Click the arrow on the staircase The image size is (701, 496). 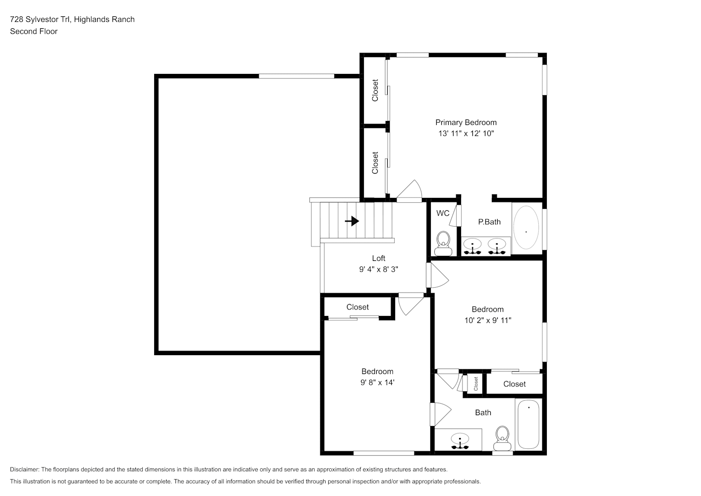[352, 221]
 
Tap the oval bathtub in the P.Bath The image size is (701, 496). [526, 227]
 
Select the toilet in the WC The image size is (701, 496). [443, 244]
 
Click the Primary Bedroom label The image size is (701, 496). [466, 123]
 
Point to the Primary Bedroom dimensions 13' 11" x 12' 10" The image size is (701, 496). [466, 133]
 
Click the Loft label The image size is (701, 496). [378, 258]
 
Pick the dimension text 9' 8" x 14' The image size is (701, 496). [377, 382]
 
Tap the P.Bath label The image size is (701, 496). [489, 222]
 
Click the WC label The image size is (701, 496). [443, 213]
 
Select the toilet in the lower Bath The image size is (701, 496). [502, 438]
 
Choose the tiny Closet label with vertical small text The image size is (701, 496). [476, 383]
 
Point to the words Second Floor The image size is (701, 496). [34, 31]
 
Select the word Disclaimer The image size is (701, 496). [24, 469]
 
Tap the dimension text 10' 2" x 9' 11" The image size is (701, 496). [487, 320]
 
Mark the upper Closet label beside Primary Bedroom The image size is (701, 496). [375, 90]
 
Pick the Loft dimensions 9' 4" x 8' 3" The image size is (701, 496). [378, 269]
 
